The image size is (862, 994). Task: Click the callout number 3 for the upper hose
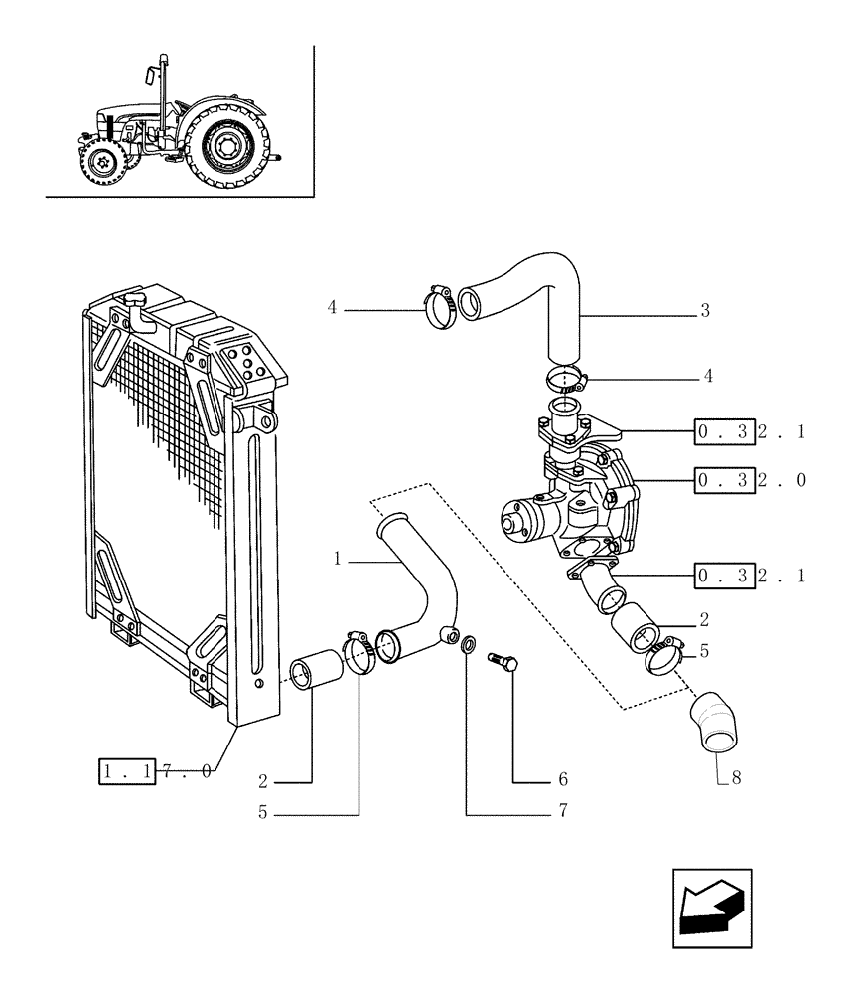[x=704, y=311]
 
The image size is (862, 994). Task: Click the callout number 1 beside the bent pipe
[x=338, y=560]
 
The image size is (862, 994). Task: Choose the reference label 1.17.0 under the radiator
[x=154, y=771]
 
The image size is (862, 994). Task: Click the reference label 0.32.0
[x=750, y=481]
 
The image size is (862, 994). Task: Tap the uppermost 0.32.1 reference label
[x=750, y=431]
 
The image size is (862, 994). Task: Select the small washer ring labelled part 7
[x=467, y=648]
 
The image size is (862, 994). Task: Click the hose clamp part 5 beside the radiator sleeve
[x=358, y=655]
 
